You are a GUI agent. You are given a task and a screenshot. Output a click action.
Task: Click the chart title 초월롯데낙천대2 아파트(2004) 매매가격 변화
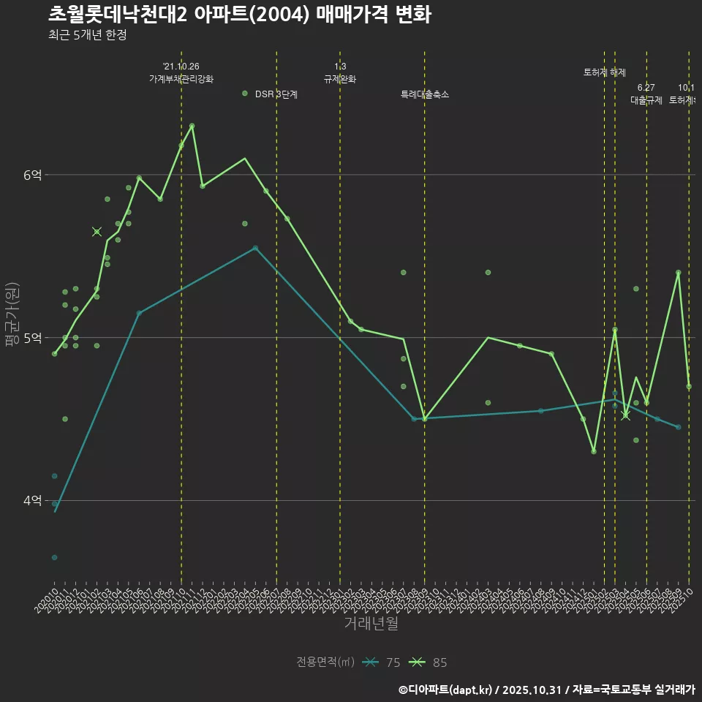pyautogui.click(x=239, y=14)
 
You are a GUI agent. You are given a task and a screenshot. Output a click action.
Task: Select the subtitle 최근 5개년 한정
pyautogui.click(x=87, y=35)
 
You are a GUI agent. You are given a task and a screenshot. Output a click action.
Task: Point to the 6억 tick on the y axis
pyautogui.click(x=33, y=175)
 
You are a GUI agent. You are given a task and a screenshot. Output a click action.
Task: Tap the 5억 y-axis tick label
pyautogui.click(x=33, y=338)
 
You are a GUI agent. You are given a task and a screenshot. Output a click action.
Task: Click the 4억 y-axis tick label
pyautogui.click(x=33, y=501)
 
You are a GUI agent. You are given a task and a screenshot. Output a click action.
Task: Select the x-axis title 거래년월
pyautogui.click(x=371, y=624)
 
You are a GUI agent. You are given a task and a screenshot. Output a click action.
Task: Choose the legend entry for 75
pyautogui.click(x=382, y=663)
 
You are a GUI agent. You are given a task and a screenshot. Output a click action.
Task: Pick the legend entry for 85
pyautogui.click(x=429, y=663)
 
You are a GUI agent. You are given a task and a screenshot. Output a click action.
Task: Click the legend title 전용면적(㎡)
pyautogui.click(x=325, y=663)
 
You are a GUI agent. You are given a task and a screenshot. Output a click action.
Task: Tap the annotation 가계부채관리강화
pyautogui.click(x=181, y=79)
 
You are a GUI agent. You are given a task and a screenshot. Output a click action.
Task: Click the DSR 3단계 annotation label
pyautogui.click(x=276, y=94)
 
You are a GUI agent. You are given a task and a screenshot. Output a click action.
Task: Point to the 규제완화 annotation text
pyautogui.click(x=339, y=79)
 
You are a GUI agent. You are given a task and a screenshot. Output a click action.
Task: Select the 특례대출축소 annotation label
pyautogui.click(x=424, y=94)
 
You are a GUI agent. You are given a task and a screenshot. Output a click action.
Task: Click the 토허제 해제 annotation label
pyautogui.click(x=605, y=72)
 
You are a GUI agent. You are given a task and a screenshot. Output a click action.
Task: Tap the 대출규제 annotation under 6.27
pyautogui.click(x=646, y=101)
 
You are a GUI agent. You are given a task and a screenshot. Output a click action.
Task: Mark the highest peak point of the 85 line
pyautogui.click(x=192, y=126)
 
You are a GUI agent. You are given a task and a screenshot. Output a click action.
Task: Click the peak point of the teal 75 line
pyautogui.click(x=255, y=248)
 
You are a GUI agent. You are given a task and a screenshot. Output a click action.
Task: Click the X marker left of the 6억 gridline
pyautogui.click(x=97, y=232)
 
